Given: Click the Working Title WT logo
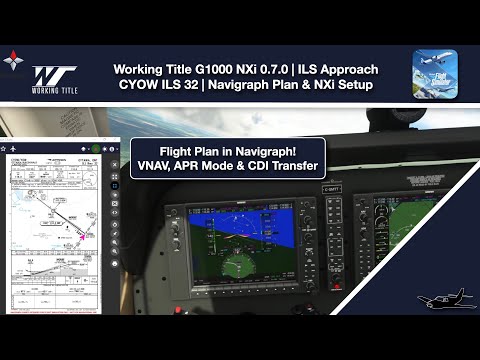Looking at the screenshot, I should pos(54,76).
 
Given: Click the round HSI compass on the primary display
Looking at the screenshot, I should pos(238,269).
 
